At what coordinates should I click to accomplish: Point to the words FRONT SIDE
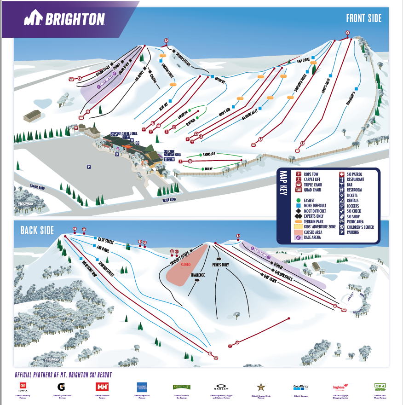pos(364,18)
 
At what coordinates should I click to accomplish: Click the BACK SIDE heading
pos(37,230)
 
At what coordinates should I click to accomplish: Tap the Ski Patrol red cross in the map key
pos(341,174)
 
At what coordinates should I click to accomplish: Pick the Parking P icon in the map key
pos(341,232)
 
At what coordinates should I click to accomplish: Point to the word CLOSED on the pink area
pos(185,265)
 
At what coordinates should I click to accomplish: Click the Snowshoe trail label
pos(209,155)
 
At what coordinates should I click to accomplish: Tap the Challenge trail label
pos(198,275)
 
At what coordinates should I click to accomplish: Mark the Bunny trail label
pos(208,169)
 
